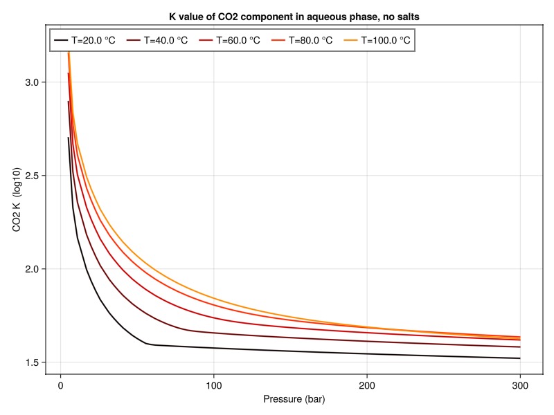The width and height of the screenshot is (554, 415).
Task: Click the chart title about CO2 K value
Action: point(294,15)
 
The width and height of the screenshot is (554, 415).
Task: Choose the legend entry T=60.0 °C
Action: point(238,40)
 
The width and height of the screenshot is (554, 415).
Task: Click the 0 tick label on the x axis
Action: point(61,385)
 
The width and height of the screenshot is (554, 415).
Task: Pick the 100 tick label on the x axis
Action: point(214,385)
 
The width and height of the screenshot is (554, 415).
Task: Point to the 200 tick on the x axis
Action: point(367,385)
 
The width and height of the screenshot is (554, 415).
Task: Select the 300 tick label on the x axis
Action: point(520,385)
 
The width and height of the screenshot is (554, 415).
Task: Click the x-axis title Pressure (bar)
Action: point(294,400)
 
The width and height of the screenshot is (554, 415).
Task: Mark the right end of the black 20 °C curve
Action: point(520,358)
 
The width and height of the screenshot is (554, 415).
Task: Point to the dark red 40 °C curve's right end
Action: point(520,347)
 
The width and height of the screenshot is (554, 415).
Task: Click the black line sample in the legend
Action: point(61,40)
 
